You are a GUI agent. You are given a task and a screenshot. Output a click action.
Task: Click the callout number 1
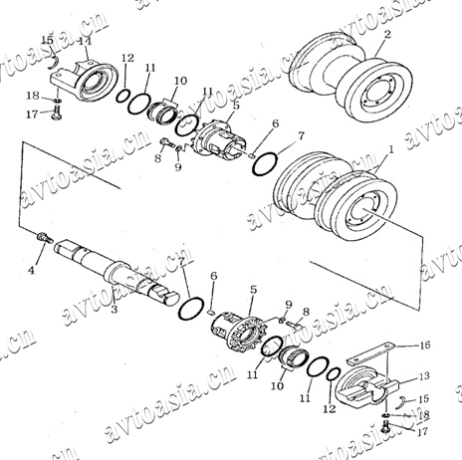pyautogui.click(x=391, y=150)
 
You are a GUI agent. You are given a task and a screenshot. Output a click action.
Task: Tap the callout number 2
pyautogui.click(x=387, y=34)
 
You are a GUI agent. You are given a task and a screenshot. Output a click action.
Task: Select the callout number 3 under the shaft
pyautogui.click(x=114, y=310)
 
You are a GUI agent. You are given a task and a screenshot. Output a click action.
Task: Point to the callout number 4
pyautogui.click(x=31, y=270)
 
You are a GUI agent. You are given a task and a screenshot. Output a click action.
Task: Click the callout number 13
pyautogui.click(x=424, y=376)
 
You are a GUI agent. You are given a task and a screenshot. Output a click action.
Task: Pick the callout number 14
pyautogui.click(x=85, y=42)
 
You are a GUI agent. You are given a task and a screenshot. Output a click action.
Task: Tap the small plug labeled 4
pyautogui.click(x=45, y=238)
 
